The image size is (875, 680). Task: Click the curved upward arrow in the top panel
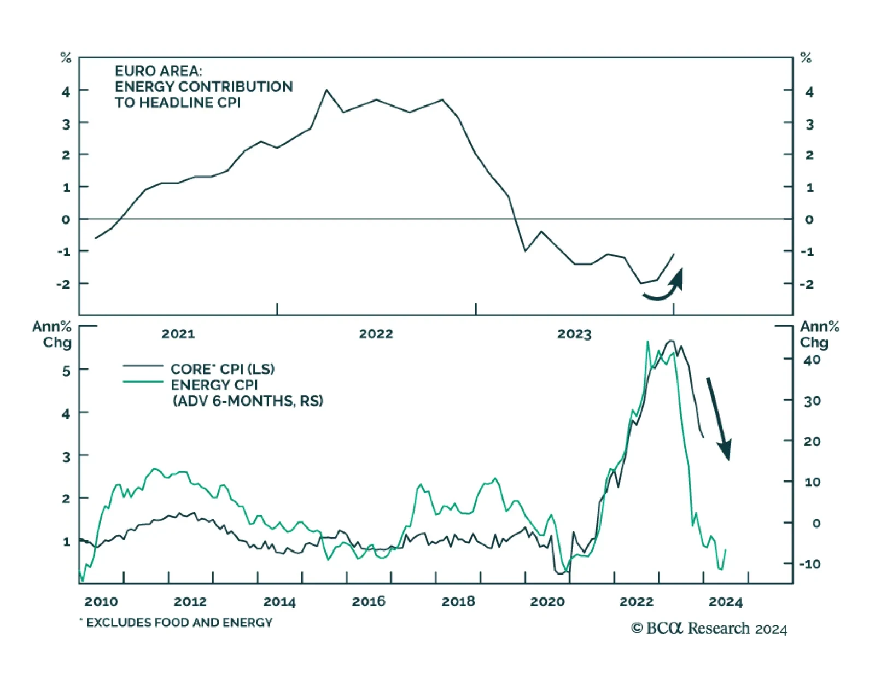(664, 287)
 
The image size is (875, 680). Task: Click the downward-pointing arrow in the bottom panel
(718, 418)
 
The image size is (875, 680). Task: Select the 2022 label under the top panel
(376, 334)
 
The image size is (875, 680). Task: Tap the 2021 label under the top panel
(178, 334)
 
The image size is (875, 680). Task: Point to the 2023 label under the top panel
(574, 334)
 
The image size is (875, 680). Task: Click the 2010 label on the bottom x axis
(101, 602)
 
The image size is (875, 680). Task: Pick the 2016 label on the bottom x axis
(369, 602)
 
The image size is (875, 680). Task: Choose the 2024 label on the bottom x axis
(725, 602)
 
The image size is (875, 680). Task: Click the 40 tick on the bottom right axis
(812, 360)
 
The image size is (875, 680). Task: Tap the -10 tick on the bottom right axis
(809, 564)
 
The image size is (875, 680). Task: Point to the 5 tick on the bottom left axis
(66, 371)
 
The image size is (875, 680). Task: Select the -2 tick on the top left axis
(63, 284)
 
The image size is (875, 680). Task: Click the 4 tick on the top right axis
(809, 92)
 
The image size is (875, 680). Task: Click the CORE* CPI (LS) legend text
(222, 369)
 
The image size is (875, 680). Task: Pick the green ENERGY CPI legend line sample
(143, 382)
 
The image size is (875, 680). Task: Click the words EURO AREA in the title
(158, 71)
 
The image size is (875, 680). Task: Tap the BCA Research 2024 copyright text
(709, 629)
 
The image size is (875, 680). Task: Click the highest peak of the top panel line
(327, 90)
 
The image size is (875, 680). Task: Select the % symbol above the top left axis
(66, 58)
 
